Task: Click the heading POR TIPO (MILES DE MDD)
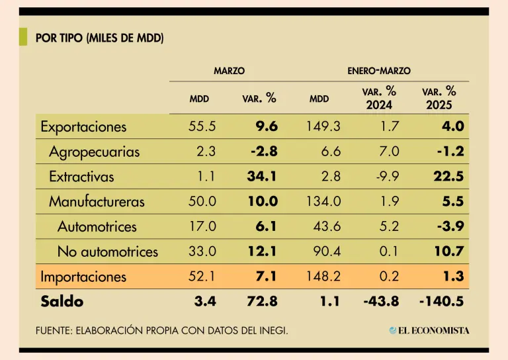click(x=100, y=38)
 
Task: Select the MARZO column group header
click(x=230, y=70)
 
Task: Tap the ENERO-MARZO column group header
click(x=378, y=70)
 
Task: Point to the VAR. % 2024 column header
click(x=379, y=98)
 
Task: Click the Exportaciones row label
click(x=83, y=126)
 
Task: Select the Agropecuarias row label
click(x=95, y=152)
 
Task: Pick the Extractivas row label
click(x=81, y=177)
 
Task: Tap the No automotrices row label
click(x=108, y=251)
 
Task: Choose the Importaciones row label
click(x=83, y=277)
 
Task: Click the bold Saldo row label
click(x=62, y=302)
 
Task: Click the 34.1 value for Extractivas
click(x=264, y=177)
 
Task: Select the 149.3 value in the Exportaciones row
click(x=323, y=126)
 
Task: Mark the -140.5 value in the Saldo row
click(x=441, y=302)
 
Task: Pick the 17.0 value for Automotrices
click(x=202, y=226)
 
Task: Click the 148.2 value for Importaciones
click(x=323, y=277)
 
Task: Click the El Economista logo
click(x=429, y=330)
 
